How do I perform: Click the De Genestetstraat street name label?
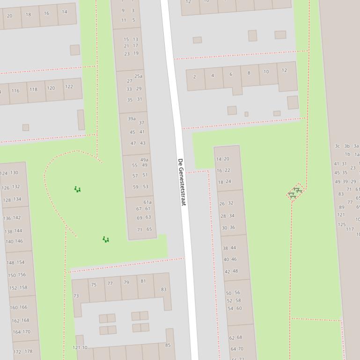[x=182, y=182]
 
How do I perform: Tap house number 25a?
[x=139, y=76]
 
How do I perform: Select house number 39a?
[x=132, y=119]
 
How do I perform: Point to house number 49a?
[x=144, y=160]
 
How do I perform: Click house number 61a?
[x=147, y=202]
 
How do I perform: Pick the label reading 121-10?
[x=80, y=347]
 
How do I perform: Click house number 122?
[x=69, y=86]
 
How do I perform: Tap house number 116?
[x=15, y=91]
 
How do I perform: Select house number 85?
[x=168, y=346]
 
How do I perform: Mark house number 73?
[x=76, y=296]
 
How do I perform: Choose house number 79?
[x=126, y=282]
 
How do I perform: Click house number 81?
[x=143, y=281]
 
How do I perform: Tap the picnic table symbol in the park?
[x=295, y=192]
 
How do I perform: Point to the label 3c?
[x=337, y=146]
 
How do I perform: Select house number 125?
[x=342, y=224]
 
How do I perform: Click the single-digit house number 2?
[x=195, y=77]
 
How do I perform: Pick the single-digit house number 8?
[x=249, y=73]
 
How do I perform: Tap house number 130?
[x=15, y=173]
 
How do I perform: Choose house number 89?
[x=342, y=207]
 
